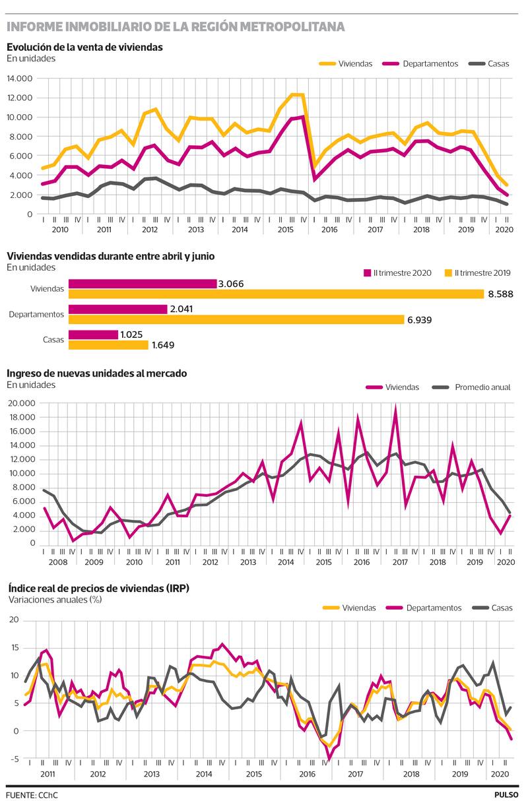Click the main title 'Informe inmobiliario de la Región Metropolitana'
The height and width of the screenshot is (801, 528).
176,27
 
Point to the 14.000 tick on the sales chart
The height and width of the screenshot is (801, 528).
20,79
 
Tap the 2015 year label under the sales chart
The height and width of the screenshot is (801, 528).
285,230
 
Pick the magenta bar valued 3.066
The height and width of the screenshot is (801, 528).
143,284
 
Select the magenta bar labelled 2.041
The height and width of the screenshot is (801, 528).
117,309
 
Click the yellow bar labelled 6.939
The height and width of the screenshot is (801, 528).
236,319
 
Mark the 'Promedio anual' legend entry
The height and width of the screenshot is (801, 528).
482,387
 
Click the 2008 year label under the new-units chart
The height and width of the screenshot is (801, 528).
57,561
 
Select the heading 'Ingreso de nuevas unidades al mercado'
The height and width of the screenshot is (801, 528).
97,373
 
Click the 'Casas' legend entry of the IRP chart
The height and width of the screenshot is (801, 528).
502,608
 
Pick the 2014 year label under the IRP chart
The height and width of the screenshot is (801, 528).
203,774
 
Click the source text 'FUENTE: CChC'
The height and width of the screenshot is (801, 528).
32,794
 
